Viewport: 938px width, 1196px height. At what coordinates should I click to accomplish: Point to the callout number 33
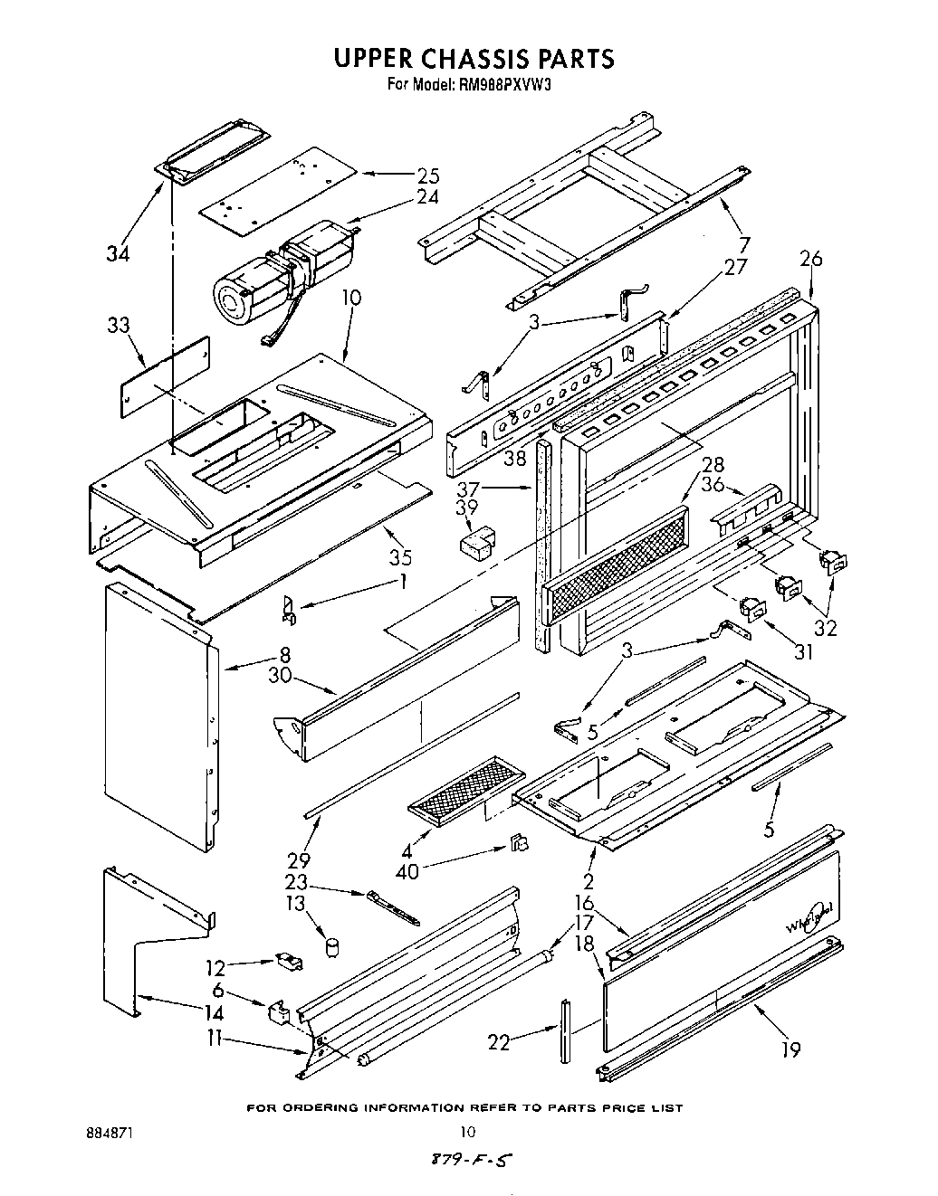(x=119, y=326)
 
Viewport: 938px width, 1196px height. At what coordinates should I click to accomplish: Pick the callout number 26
(x=810, y=259)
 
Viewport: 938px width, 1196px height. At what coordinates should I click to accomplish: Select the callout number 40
(x=407, y=873)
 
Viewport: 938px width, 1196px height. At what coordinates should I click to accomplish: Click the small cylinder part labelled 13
(x=332, y=947)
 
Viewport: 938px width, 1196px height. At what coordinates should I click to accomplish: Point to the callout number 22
(x=499, y=1043)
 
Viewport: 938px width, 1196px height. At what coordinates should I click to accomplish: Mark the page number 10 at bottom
(x=467, y=1131)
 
